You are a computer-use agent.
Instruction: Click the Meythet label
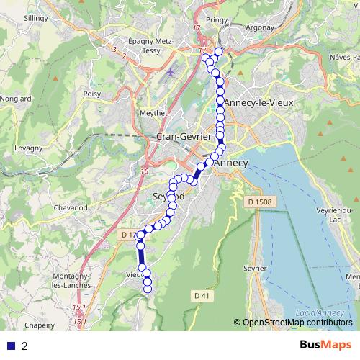tap(152, 112)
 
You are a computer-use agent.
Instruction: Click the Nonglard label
tap(15, 99)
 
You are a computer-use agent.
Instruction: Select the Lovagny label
tap(28, 148)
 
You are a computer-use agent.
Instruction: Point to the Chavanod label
tap(70, 208)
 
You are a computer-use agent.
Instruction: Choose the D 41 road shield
tap(201, 295)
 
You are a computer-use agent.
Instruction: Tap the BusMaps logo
tap(321, 346)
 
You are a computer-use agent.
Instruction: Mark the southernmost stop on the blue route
tap(148, 289)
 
